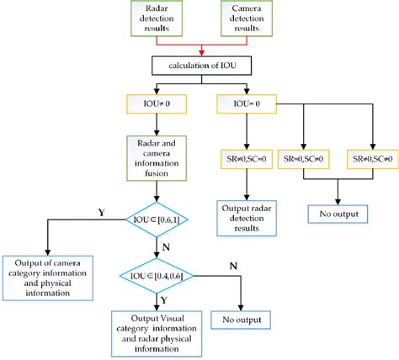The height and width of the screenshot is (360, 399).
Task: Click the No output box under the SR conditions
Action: tap(338, 214)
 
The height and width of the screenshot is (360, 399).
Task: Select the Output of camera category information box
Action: tap(50, 275)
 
